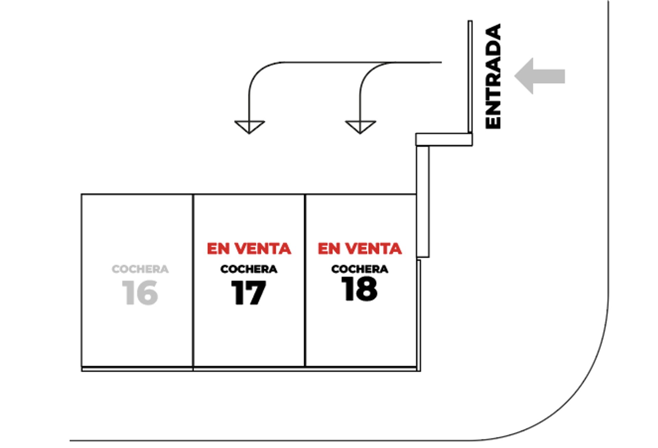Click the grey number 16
pyautogui.click(x=140, y=293)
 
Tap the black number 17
pyautogui.click(x=248, y=293)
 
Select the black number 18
pyautogui.click(x=360, y=289)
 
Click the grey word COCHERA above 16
pyautogui.click(x=140, y=269)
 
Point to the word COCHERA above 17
pyautogui.click(x=249, y=269)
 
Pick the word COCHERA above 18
pyautogui.click(x=360, y=269)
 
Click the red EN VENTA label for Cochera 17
pyautogui.click(x=249, y=249)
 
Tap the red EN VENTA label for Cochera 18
pyautogui.click(x=360, y=249)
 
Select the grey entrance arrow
pyautogui.click(x=539, y=76)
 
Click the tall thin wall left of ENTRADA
pyautogui.click(x=470, y=77)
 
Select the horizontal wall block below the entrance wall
pyautogui.click(x=444, y=140)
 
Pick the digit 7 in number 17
pyautogui.click(x=255, y=293)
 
